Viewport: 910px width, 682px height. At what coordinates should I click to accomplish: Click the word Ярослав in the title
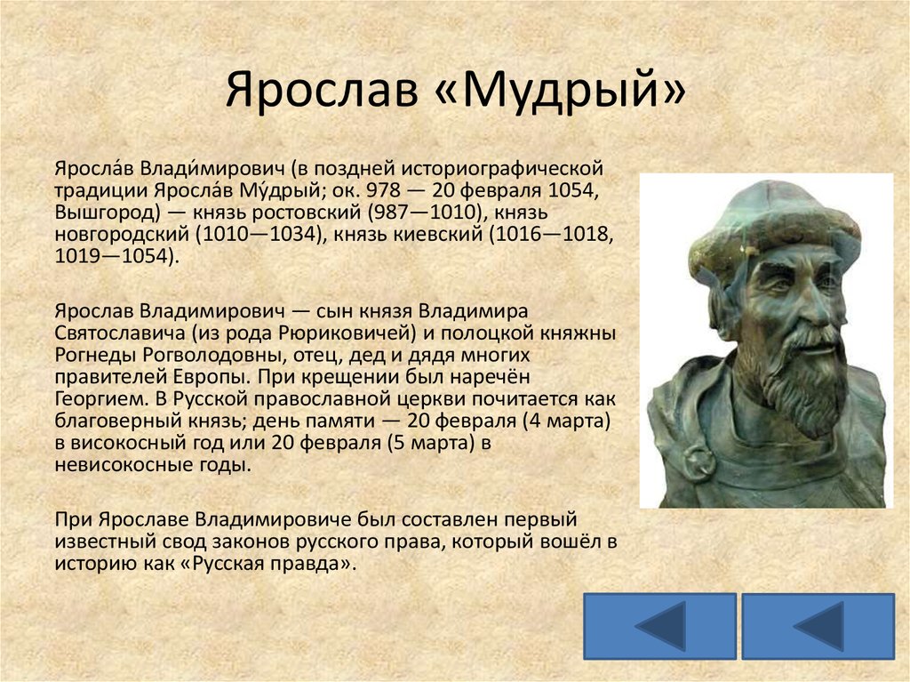point(322,90)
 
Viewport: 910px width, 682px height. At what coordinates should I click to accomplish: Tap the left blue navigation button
point(660,626)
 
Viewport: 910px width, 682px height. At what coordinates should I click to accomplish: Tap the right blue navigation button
point(818,626)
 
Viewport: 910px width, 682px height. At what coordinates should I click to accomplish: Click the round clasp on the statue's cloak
point(699,462)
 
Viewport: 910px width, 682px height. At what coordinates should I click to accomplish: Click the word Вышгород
point(107,213)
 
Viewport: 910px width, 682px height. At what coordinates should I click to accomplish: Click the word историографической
point(503,169)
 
